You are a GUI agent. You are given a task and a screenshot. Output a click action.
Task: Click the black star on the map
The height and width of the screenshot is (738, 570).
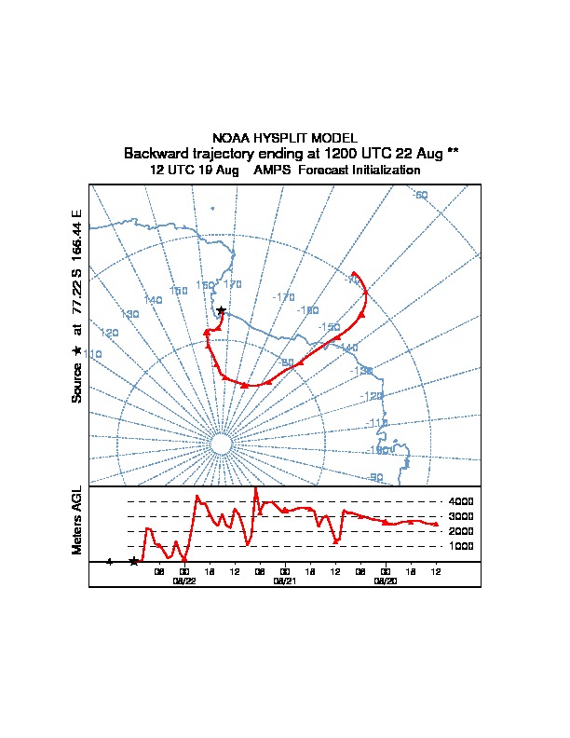pos(221,310)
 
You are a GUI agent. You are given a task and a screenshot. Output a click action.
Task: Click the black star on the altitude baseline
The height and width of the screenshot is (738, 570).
pos(134,561)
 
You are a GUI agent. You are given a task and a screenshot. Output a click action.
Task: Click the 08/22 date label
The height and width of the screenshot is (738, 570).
pos(184,581)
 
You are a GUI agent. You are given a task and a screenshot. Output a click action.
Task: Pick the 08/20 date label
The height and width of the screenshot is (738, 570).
pos(386,581)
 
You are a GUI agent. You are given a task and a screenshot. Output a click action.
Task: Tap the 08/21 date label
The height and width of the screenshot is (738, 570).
pos(285,581)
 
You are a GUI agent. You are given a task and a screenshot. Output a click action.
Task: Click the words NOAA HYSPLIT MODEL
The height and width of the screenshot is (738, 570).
pos(285,138)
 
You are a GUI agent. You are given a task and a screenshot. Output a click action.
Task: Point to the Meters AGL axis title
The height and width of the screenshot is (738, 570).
pos(77,520)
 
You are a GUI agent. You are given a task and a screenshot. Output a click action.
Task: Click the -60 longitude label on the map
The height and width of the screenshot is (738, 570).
pos(420,195)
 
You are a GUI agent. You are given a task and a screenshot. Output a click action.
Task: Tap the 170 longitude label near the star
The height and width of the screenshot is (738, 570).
pos(233,283)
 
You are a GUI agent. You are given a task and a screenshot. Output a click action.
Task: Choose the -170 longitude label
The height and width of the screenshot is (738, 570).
pos(283,296)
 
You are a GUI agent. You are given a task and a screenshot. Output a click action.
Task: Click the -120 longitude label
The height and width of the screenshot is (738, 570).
pos(373,396)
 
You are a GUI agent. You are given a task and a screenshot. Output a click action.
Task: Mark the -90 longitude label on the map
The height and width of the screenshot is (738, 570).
pos(375,477)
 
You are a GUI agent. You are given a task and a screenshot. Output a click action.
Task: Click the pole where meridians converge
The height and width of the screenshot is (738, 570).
pos(221,444)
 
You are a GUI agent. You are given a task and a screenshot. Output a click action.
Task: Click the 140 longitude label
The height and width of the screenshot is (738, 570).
pos(153,299)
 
